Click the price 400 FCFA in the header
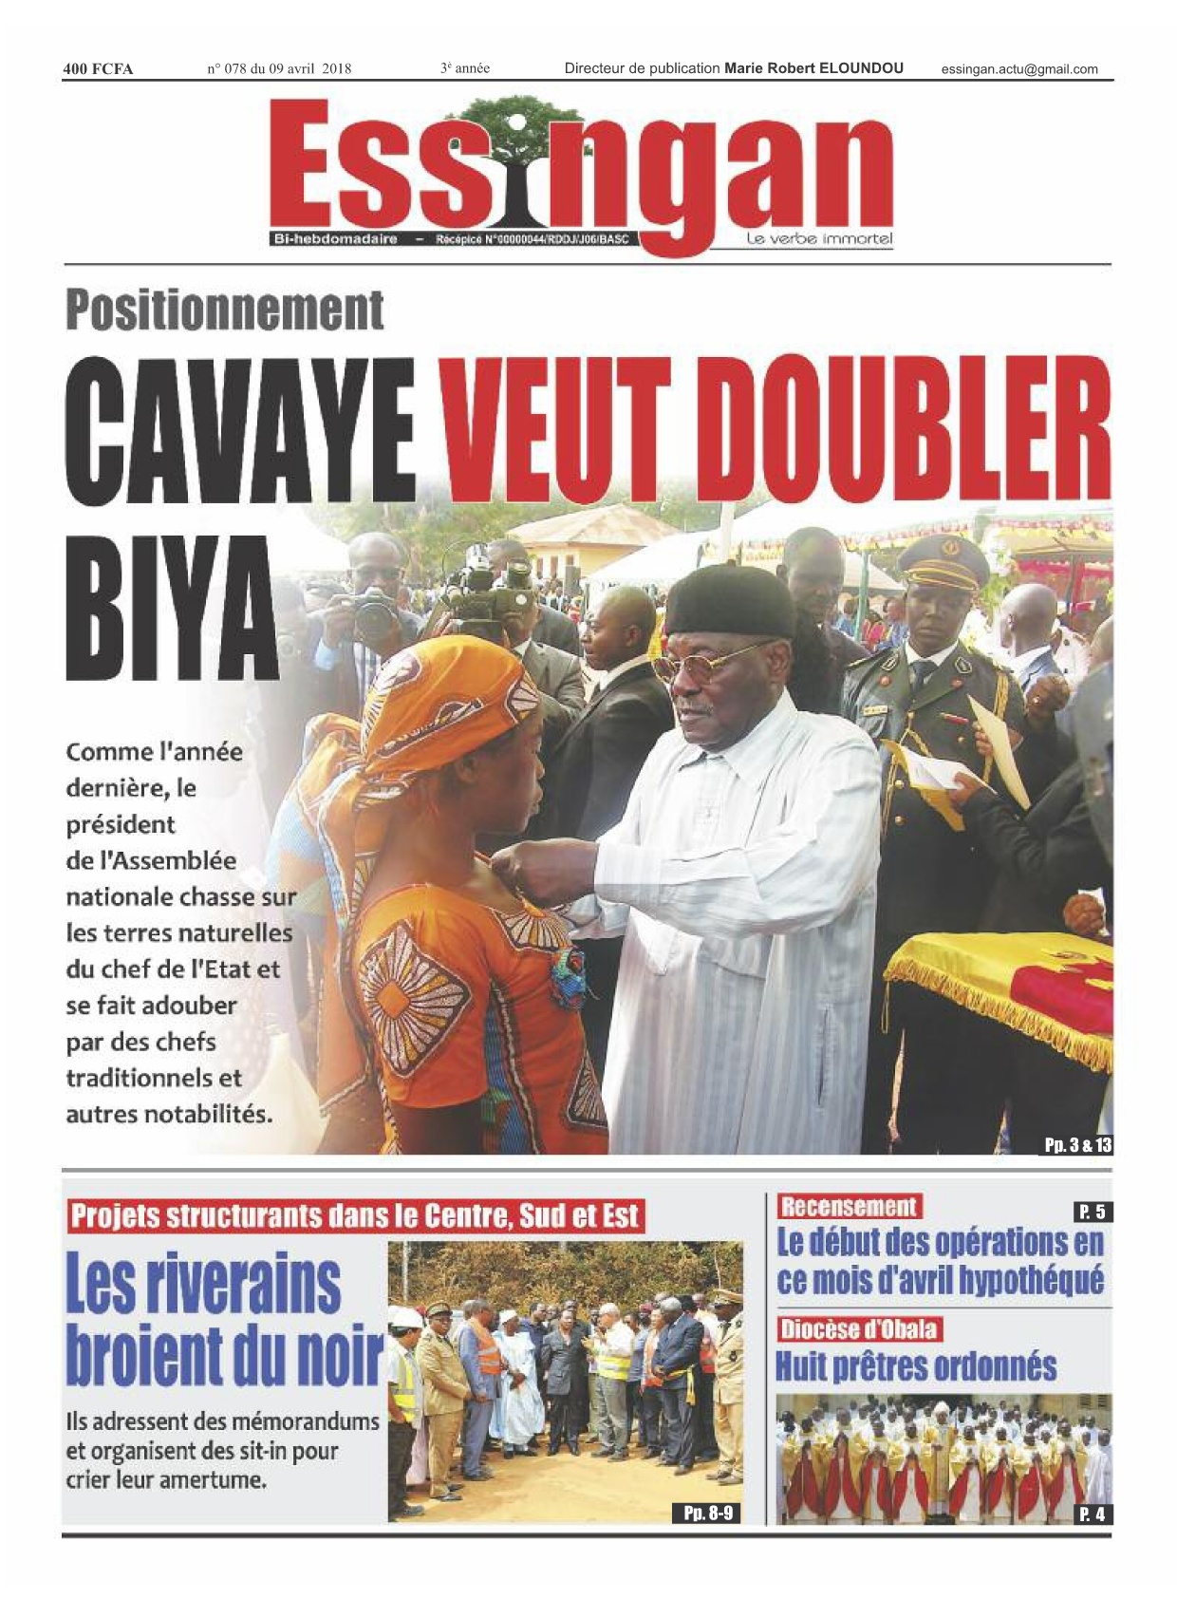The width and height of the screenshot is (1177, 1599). coord(98,68)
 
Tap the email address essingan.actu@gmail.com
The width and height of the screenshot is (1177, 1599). coord(1019,68)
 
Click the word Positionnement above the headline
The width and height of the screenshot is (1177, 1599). coord(225,310)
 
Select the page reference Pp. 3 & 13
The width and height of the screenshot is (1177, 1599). coord(1077,1145)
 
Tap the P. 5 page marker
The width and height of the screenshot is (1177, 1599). coord(1093,1212)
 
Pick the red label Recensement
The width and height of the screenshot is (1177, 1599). coord(849,1207)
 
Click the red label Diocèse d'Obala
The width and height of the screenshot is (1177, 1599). coord(859,1328)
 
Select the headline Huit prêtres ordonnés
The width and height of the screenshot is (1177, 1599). coord(916,1367)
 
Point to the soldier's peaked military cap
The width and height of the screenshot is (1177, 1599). coord(943,561)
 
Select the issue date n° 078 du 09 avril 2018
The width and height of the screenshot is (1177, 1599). coord(279,68)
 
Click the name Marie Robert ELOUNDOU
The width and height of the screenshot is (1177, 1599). coord(813,68)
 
